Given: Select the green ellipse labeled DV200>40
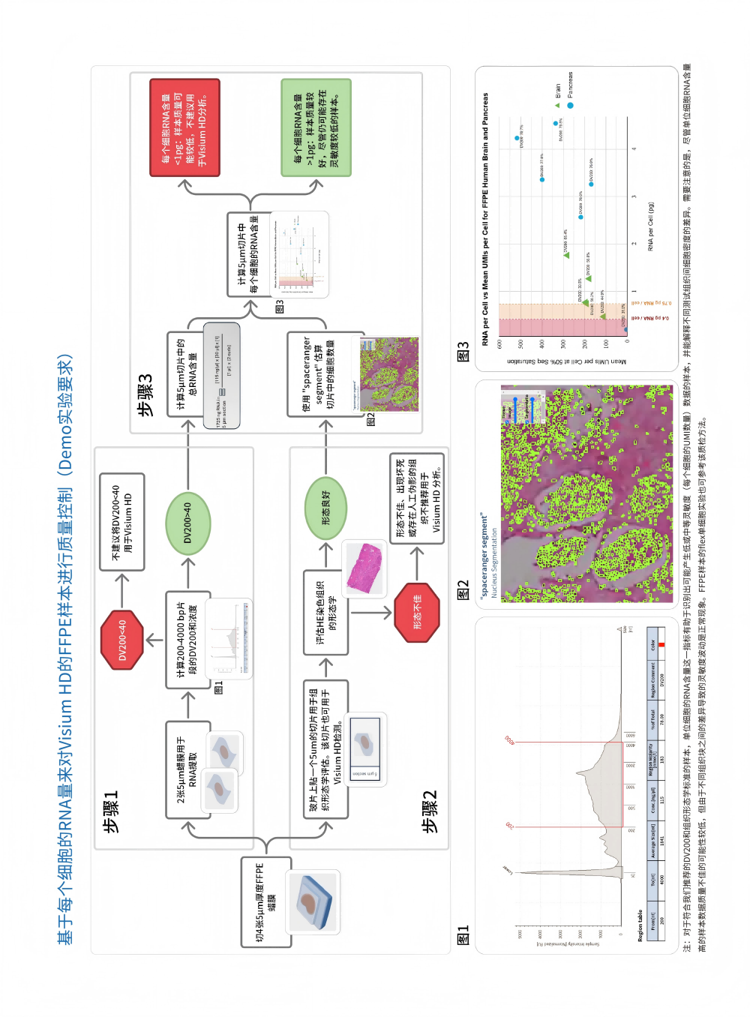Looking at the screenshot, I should [188, 523].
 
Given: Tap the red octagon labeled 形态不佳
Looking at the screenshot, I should [417, 612].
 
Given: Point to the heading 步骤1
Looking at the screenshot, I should [111, 811].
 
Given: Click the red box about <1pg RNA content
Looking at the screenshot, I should [184, 127].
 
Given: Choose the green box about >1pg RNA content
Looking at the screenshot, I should [316, 127].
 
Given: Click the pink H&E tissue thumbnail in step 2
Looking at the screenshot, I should [364, 567].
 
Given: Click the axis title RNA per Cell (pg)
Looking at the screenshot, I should [652, 226].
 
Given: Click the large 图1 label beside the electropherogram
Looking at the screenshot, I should [463, 934].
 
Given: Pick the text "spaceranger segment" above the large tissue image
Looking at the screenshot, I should [484, 553].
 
